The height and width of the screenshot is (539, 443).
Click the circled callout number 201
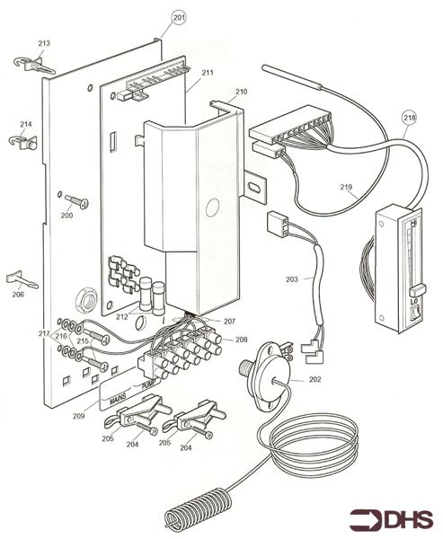coord(178,18)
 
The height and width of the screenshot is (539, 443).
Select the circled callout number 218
coord(409,117)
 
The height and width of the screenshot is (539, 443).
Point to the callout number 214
coord(25,124)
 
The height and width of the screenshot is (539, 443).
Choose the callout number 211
coord(207,74)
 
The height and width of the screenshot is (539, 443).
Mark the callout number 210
coord(241,92)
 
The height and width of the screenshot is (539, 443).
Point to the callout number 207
coord(229,321)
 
